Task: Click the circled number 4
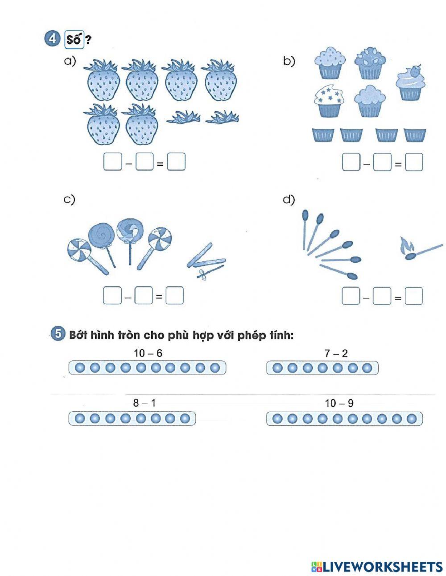(52, 39)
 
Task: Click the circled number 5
(58, 334)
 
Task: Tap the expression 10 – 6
(148, 353)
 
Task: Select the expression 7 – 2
(336, 353)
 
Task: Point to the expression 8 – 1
(145, 403)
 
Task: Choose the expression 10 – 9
(339, 403)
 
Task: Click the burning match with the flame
(421, 249)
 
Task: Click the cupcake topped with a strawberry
(410, 83)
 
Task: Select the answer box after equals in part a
(176, 162)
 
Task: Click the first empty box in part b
(351, 162)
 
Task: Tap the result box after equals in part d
(413, 296)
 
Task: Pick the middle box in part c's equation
(143, 295)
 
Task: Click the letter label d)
(289, 199)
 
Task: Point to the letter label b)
(289, 61)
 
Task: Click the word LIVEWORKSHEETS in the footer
(383, 567)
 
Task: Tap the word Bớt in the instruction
(78, 335)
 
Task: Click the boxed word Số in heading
(74, 40)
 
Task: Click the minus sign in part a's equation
(128, 163)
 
